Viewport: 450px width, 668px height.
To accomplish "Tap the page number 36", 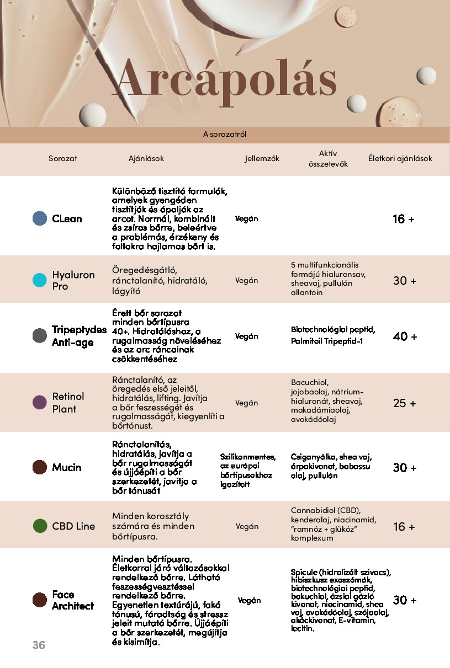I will [x=39, y=645].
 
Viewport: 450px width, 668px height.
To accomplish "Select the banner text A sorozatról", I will [x=225, y=134].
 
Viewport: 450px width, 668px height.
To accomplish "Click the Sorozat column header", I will [x=63, y=158].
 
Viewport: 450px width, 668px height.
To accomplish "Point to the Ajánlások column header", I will [x=146, y=158].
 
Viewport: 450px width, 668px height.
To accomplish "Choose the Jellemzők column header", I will [x=262, y=158].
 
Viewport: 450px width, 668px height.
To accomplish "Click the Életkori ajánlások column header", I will [x=400, y=158].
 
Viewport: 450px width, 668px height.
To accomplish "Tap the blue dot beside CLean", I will [x=40, y=218].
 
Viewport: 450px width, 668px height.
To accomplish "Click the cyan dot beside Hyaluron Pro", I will [x=40, y=280].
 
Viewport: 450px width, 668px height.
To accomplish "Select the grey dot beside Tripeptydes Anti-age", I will [x=40, y=336].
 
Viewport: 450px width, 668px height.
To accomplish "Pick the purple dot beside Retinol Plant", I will [x=40, y=403].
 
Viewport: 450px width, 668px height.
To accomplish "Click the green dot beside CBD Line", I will [x=40, y=526].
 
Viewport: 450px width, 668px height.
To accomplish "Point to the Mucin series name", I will [x=67, y=468].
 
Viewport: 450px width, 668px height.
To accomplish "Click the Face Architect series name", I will [x=73, y=600].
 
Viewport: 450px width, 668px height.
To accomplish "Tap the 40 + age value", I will [x=405, y=336].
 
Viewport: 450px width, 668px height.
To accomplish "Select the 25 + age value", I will [x=405, y=403].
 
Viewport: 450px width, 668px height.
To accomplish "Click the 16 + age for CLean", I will [x=404, y=219].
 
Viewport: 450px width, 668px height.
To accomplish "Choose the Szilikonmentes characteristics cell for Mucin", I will [x=248, y=471].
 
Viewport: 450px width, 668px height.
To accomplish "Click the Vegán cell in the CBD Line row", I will [x=247, y=526].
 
